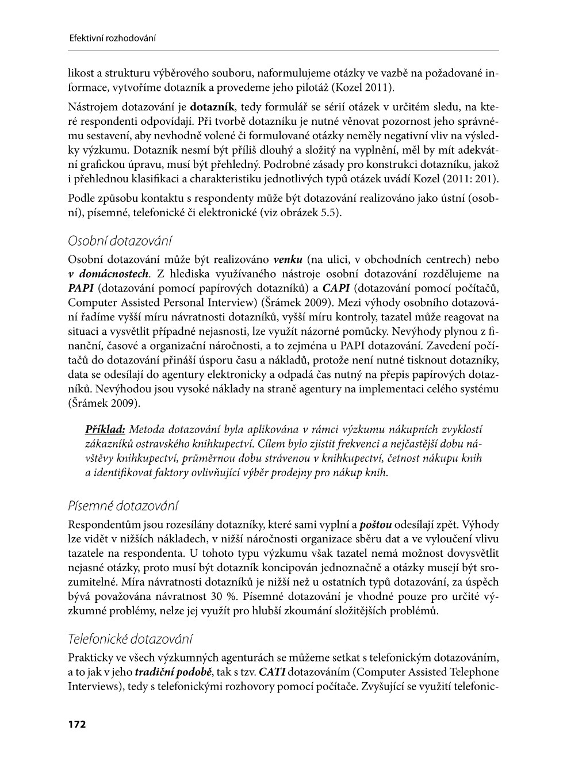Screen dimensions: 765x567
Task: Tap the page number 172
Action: pyautogui.click(x=77, y=724)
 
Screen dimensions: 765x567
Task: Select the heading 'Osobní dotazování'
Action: pyautogui.click(x=120, y=240)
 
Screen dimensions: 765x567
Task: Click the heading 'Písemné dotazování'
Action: pyautogui.click(x=123, y=506)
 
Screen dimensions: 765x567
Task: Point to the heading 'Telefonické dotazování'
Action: pyautogui.click(x=130, y=639)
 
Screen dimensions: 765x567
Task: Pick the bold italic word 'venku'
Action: pyautogui.click(x=288, y=259)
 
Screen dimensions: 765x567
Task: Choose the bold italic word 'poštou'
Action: pyautogui.click(x=376, y=525)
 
